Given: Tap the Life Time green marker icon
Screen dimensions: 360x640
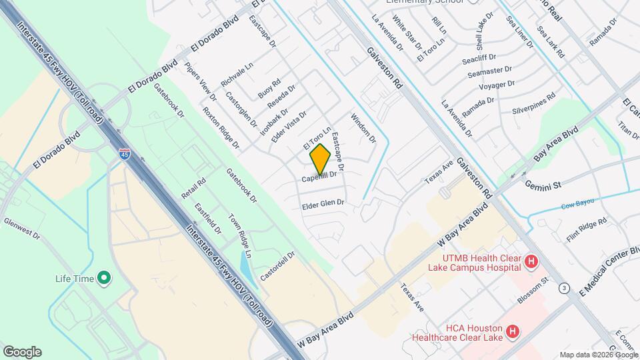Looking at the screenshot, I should pos(104,278).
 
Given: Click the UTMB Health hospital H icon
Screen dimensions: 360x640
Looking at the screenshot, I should pos(531,262).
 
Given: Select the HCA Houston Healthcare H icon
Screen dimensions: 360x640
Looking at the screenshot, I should pos(512,331).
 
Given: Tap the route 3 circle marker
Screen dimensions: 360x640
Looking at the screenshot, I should pos(565,288).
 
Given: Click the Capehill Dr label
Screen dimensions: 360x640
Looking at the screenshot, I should pos(322,178).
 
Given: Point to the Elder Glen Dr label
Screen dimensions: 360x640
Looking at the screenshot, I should pos(323,203).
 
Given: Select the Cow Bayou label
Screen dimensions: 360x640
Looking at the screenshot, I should pos(577,206).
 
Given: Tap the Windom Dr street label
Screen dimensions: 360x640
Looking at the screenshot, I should pos(363,129).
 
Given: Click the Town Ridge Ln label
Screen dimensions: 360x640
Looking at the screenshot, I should pos(239,236).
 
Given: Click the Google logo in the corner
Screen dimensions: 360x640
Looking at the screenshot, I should pos(22,351).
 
